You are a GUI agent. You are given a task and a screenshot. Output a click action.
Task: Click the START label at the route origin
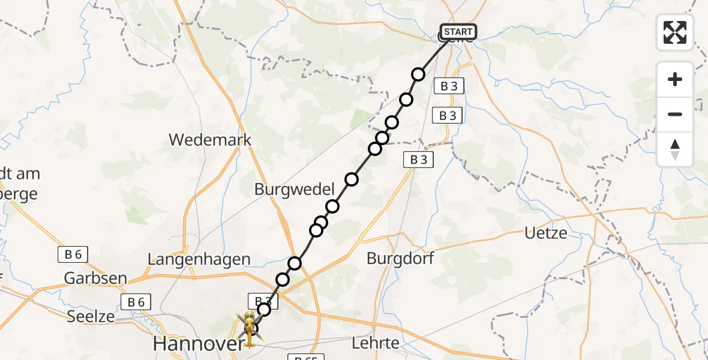coord(458,32)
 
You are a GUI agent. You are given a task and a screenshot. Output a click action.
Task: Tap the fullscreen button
coord(675,32)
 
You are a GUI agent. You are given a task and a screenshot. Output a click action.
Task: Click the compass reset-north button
coord(675,149)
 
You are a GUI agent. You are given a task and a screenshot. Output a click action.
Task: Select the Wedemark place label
coord(210,140)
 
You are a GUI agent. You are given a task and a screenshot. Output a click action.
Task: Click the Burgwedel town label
coord(294,190)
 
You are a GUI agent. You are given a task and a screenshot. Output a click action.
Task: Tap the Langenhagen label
coord(199,259)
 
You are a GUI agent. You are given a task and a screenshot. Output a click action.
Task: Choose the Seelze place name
coord(92,316)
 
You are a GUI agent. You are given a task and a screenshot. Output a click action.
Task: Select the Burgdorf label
coord(400,259)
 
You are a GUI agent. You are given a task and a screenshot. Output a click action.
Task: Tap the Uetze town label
coord(545,233)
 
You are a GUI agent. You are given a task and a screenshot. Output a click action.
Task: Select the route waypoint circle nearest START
coord(418,74)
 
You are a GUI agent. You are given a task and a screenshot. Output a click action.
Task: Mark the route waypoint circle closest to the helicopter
coord(264,310)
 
